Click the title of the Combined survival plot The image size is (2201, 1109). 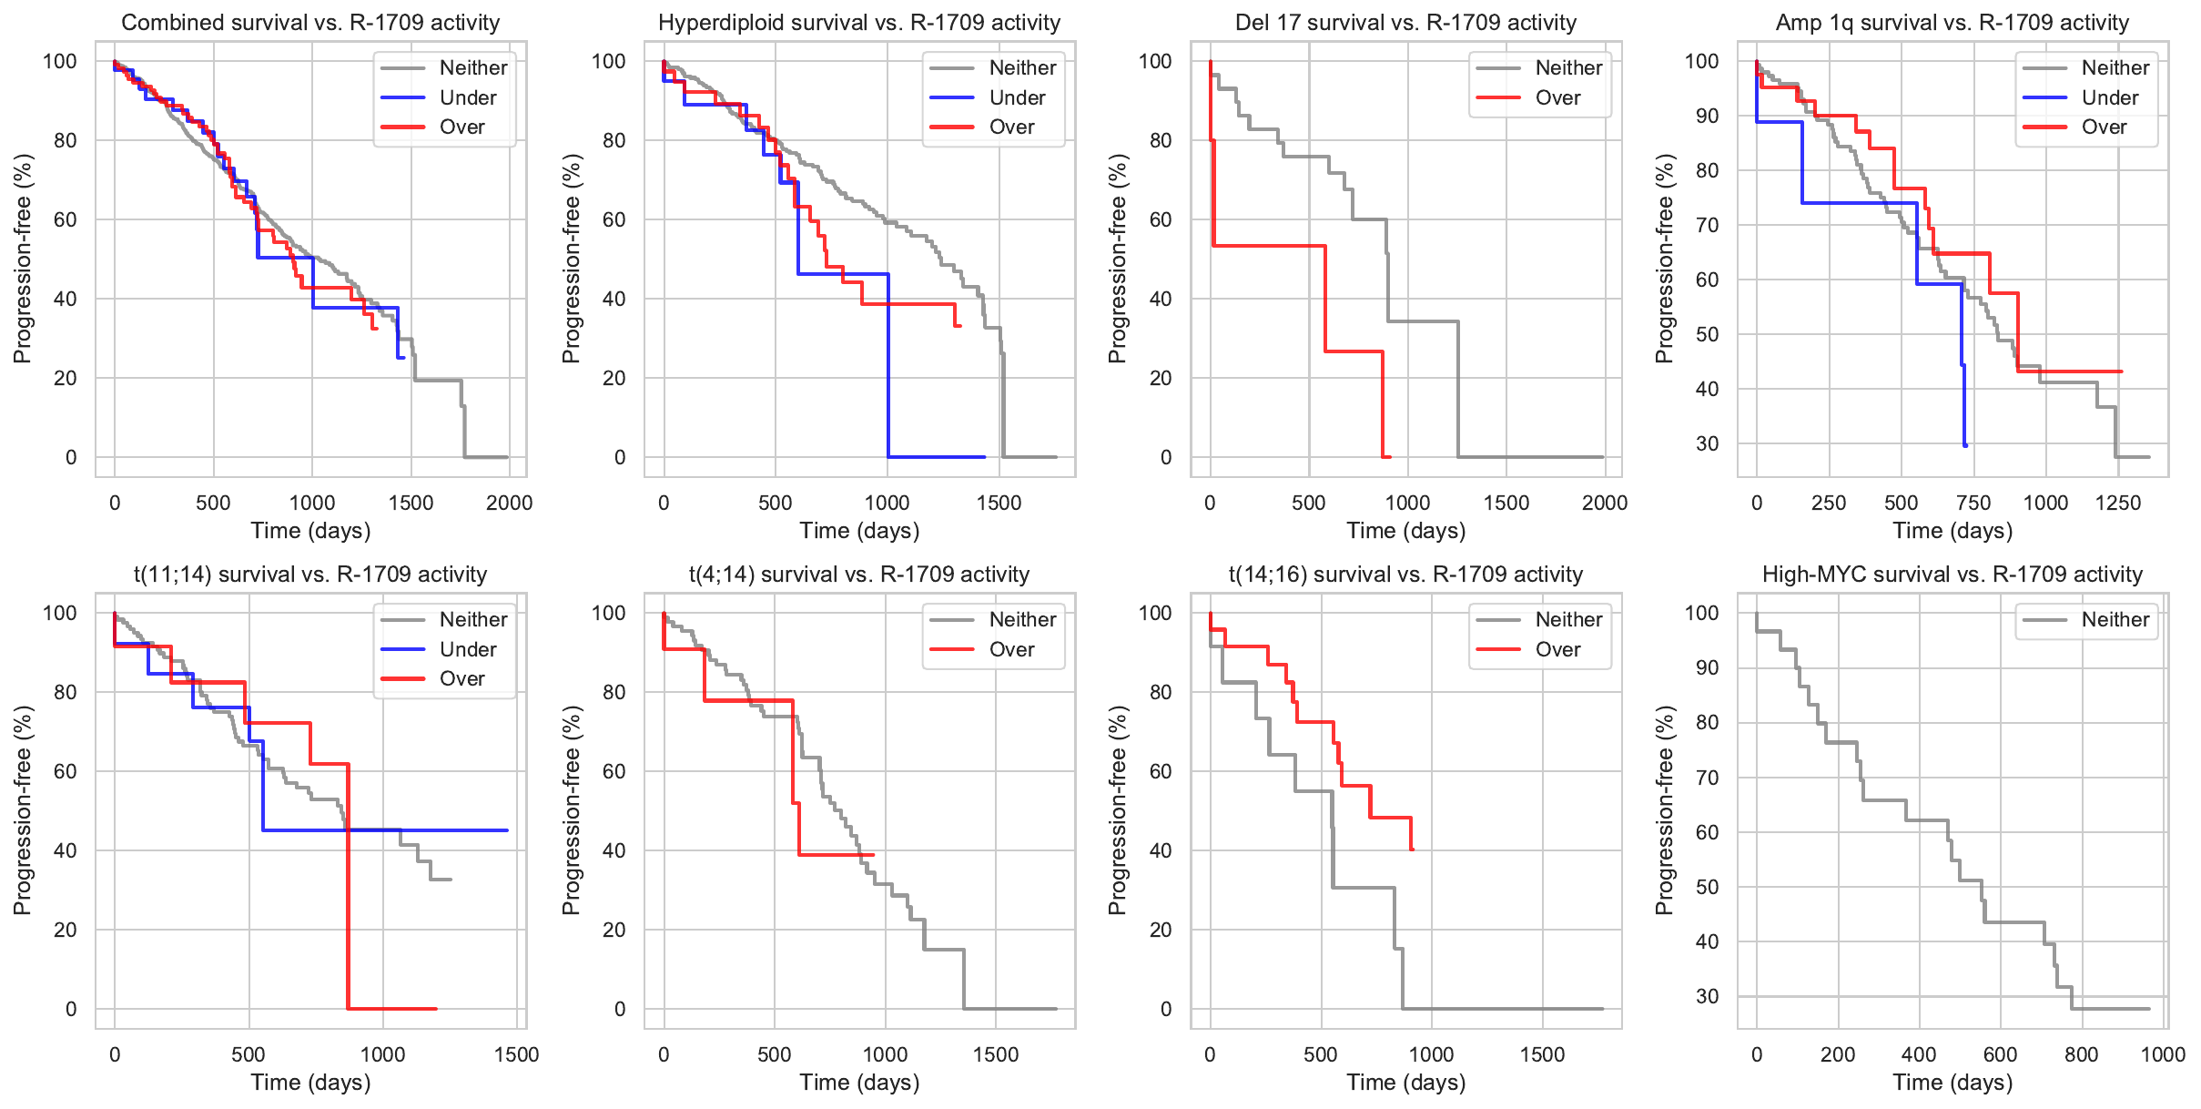coord(310,23)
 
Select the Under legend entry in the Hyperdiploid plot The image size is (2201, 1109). coord(1017,97)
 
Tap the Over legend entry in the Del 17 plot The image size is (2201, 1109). coord(1557,97)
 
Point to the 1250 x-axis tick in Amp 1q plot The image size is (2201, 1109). coord(2118,503)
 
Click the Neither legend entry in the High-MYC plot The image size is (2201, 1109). coord(2115,620)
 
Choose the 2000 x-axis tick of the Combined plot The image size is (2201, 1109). coord(509,503)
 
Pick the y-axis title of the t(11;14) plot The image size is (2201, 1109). coord(22,809)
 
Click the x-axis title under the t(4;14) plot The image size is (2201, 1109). coord(859,1083)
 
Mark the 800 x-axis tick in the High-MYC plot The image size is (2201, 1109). coord(2082,1054)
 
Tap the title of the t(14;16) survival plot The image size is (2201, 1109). coord(1405,575)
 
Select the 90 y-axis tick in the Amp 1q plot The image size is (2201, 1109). coord(1707,116)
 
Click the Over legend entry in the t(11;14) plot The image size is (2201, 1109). coord(461,678)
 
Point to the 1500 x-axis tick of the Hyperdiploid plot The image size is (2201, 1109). coord(999,503)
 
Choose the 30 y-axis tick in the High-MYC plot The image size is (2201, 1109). coord(1707,997)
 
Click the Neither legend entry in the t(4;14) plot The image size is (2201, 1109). coord(1022,620)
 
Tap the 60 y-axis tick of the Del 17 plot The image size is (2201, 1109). coord(1160,219)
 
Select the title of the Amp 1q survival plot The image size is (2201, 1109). coord(1952,23)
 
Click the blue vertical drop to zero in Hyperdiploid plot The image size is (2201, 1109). coord(888,364)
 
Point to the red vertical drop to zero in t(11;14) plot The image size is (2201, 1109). coord(348,888)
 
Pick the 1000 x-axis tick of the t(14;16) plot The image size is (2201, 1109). coord(1432,1054)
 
